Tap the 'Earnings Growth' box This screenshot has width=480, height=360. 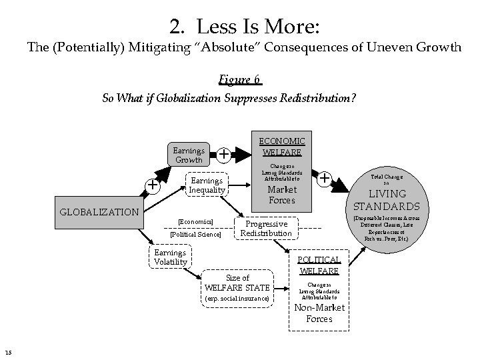(x=189, y=155)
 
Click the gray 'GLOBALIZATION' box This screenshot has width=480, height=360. (x=99, y=213)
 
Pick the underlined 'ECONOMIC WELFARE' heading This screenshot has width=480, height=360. (x=281, y=146)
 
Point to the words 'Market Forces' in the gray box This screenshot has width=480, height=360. (x=281, y=195)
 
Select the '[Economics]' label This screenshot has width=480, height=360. (x=195, y=221)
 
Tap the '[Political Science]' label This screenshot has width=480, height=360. (x=195, y=234)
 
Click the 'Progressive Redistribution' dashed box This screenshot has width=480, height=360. (x=265, y=229)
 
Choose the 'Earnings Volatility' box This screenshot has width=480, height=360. (x=170, y=257)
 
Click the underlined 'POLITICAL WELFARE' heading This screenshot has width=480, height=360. (x=319, y=265)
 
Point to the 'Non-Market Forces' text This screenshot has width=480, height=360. (x=319, y=313)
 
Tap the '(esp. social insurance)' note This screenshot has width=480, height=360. (x=238, y=298)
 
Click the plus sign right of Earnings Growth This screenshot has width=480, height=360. (x=225, y=155)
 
